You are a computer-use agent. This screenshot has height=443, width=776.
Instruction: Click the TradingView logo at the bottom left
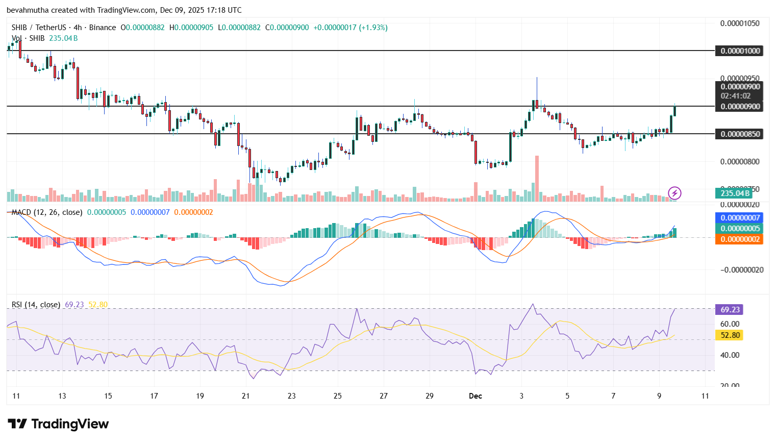point(58,424)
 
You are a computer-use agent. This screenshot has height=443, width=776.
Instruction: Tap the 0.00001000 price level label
point(740,51)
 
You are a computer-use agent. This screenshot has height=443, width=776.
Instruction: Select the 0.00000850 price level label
point(740,134)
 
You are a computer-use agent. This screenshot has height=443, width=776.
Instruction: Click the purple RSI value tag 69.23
point(730,309)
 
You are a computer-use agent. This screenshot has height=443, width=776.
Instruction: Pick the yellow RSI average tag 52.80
point(730,335)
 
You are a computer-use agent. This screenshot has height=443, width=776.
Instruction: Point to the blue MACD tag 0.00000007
point(740,218)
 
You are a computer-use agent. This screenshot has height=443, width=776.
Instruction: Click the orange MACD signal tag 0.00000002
point(740,239)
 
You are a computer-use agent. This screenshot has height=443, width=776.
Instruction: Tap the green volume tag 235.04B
point(734,193)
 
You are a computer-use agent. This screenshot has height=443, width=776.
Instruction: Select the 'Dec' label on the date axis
point(475,396)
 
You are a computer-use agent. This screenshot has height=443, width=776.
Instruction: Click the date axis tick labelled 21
point(246,396)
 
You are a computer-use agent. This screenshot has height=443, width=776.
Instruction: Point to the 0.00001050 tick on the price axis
point(740,23)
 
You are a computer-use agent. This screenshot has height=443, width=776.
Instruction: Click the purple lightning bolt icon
point(674,193)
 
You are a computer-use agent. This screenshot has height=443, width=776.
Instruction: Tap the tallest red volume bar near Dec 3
point(537,179)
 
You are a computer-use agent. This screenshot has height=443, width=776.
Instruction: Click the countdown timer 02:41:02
point(735,95)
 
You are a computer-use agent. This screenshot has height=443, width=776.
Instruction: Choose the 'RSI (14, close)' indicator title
point(36,304)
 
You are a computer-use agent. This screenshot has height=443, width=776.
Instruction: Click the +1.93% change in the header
point(373,28)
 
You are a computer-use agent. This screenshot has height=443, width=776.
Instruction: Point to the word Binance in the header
point(103,28)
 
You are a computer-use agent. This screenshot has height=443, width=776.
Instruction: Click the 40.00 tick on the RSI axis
point(730,355)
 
